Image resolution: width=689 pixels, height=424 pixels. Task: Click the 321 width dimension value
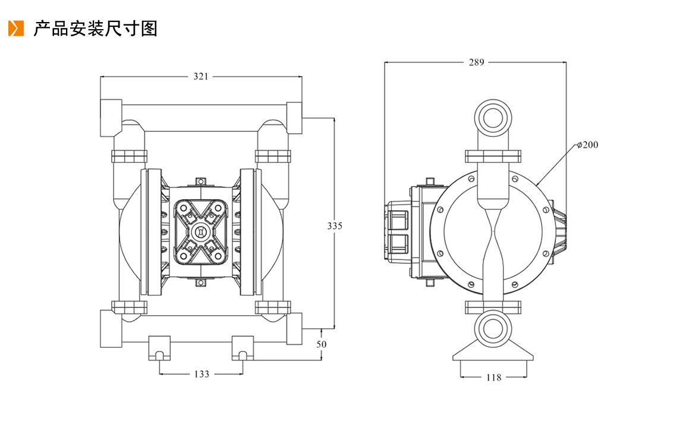[201, 77]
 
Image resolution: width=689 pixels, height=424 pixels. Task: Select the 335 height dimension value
[334, 226]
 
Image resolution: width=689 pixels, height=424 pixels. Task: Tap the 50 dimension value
[321, 344]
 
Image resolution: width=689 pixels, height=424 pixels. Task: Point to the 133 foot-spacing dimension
[202, 375]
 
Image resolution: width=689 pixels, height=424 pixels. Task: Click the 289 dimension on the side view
[476, 62]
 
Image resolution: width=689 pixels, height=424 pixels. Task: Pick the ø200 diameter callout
[587, 145]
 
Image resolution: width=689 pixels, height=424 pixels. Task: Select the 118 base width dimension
[493, 378]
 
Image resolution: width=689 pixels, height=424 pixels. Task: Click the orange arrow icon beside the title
[16, 29]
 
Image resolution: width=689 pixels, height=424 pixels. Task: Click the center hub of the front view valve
[202, 232]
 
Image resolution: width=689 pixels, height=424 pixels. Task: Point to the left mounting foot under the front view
[159, 348]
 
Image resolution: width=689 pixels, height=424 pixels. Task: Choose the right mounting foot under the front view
[243, 348]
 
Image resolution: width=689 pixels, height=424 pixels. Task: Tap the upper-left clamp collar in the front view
[129, 156]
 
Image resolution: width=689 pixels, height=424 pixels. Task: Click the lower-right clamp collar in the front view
[273, 307]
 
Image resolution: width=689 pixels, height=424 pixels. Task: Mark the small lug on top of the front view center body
[200, 182]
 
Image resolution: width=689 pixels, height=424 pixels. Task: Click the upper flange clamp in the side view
[493, 156]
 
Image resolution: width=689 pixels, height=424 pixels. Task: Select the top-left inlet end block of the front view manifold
[111, 118]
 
